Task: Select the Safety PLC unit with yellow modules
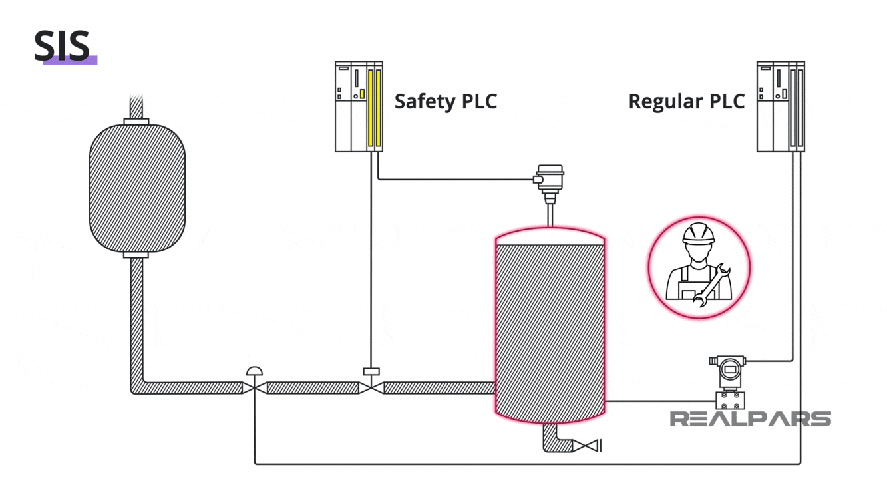tap(359, 106)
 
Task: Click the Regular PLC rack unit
tap(781, 106)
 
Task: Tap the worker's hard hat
tap(699, 234)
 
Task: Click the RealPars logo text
tap(749, 419)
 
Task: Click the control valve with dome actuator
tap(254, 383)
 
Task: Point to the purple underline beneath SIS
tap(70, 61)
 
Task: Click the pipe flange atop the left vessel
tap(136, 122)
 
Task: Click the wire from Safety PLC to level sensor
tap(452, 179)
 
